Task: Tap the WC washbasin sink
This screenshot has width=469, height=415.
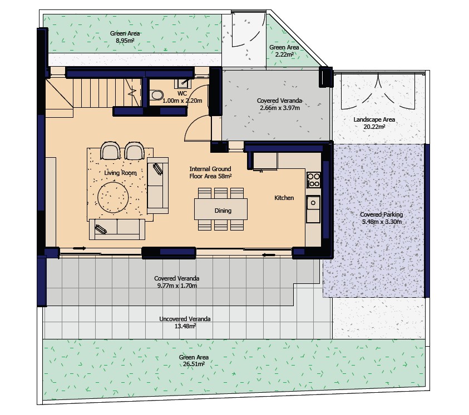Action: (182, 83)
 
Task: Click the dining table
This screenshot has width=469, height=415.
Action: (222, 209)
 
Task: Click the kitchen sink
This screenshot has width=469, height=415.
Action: (313, 202)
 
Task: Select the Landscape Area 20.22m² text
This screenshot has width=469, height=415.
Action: (374, 123)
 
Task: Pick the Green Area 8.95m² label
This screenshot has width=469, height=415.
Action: (125, 37)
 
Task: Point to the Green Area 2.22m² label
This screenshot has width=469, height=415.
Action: (284, 51)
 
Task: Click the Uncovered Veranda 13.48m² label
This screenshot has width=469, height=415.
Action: (185, 322)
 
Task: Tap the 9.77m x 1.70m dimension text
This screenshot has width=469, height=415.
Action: (176, 286)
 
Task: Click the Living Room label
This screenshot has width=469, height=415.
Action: (120, 173)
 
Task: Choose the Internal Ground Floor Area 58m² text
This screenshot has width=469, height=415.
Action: (210, 172)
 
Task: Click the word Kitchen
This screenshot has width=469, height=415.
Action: (284, 198)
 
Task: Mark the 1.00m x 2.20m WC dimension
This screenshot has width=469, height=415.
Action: (182, 101)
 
